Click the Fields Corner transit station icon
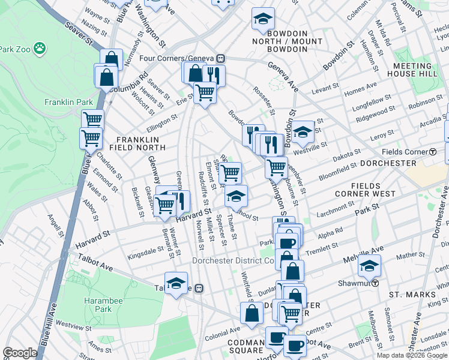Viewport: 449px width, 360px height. (x=433, y=152)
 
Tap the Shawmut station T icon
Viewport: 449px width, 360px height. (x=376, y=283)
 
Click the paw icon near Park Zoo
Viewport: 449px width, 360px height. (x=40, y=47)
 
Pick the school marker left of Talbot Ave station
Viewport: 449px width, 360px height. (x=176, y=283)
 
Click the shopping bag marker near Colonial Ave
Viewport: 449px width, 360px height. (x=252, y=313)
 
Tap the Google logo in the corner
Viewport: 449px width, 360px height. (x=20, y=353)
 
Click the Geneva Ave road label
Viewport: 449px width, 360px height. (x=283, y=76)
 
